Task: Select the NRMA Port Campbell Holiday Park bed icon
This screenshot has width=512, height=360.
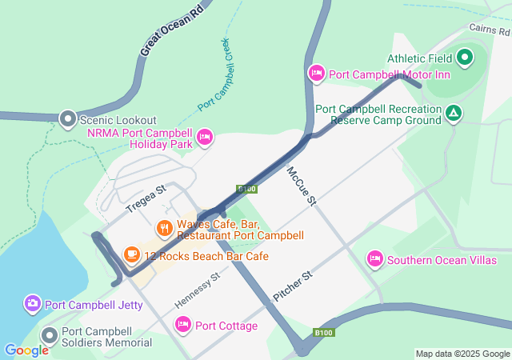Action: [205, 138]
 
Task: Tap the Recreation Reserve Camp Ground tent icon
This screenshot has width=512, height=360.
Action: [454, 114]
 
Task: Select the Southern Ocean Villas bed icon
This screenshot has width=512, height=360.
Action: [374, 259]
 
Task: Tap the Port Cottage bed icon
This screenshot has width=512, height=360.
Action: [182, 325]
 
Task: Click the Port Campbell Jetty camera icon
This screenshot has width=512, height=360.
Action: [32, 303]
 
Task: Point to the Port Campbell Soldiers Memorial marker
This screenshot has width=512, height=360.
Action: [50, 336]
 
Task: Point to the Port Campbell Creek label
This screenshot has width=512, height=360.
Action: [214, 73]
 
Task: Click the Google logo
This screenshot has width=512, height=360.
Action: [26, 350]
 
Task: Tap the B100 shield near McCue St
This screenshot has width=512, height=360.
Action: [246, 189]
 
